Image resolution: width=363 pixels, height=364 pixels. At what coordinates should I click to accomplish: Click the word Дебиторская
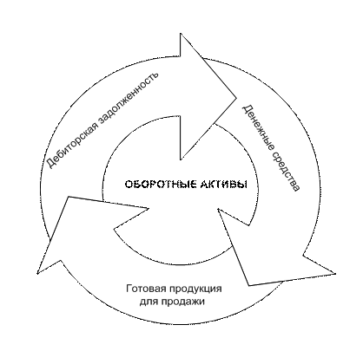72,140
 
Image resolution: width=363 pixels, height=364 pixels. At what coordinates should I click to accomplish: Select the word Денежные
258,127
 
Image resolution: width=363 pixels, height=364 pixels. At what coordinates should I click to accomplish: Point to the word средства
285,172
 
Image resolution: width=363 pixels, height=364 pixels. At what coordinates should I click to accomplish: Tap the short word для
148,302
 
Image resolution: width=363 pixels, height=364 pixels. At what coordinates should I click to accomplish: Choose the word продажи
182,302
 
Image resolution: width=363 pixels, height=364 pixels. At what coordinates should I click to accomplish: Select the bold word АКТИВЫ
220,185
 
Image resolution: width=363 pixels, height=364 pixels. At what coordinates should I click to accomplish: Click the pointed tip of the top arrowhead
236,97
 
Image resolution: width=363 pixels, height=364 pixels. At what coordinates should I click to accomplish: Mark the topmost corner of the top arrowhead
181,34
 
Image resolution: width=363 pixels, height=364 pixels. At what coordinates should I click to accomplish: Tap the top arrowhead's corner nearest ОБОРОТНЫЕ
181,159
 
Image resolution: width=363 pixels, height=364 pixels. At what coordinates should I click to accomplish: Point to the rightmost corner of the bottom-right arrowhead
335,273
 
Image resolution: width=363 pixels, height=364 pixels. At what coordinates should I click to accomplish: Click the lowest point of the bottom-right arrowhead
249,286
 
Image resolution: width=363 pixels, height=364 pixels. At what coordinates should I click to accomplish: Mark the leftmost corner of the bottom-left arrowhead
37,273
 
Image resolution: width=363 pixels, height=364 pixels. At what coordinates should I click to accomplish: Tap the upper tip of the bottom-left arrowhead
69,197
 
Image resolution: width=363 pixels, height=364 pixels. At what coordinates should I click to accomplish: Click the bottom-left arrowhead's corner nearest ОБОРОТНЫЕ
149,208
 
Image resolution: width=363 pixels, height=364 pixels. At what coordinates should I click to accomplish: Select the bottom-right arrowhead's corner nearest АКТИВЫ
218,210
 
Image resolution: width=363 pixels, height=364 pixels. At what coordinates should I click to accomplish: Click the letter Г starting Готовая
129,289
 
